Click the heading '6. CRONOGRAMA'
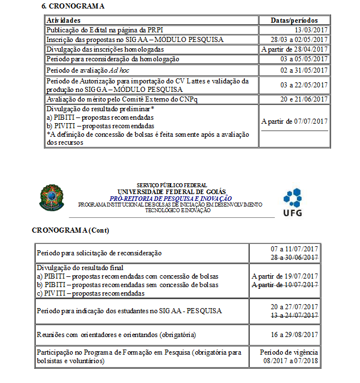[74, 6]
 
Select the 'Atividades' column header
[63, 20]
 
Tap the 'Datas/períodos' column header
[294, 20]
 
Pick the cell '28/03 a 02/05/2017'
[300, 40]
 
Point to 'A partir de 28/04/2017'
[295, 49]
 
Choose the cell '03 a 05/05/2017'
[304, 58]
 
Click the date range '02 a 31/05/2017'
[304, 70]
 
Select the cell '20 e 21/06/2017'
[304, 99]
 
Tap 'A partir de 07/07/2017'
[295, 121]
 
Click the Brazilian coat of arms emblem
[52, 197]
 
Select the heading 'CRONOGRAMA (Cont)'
[70, 230]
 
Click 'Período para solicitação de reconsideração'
[99, 253]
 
